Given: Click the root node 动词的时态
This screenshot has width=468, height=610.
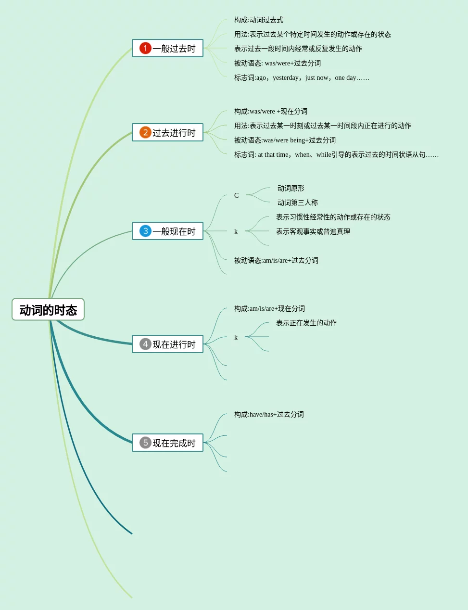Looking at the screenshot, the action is click(48, 310).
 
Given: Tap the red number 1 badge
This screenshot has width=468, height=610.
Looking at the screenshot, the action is click(145, 48).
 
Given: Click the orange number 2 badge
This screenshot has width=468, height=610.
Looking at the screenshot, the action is click(145, 132).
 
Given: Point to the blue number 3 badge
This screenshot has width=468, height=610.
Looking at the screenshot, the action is click(145, 231).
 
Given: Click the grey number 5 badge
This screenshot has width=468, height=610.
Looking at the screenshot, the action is click(145, 443).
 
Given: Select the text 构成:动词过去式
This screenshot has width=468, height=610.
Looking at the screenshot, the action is click(259, 20).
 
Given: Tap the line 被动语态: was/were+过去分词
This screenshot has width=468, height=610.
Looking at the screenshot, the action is click(278, 63).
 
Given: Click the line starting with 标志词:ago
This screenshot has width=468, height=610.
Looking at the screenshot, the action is click(302, 77).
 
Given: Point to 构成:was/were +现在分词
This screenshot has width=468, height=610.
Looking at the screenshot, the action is click(271, 111).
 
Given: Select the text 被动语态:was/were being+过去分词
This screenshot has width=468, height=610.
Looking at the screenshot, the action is click(285, 140).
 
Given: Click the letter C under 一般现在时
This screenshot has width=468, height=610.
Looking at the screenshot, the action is click(236, 195).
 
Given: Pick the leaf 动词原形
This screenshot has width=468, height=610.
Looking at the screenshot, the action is click(291, 188).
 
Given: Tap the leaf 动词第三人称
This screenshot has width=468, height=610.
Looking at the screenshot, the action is click(298, 203).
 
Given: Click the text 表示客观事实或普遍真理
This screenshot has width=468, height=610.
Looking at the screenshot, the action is click(313, 231).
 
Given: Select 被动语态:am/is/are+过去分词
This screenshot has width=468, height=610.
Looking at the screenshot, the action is click(276, 260).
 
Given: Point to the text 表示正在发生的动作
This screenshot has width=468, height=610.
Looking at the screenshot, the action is click(306, 323).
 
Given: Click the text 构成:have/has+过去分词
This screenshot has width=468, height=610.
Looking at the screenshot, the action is click(269, 414).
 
